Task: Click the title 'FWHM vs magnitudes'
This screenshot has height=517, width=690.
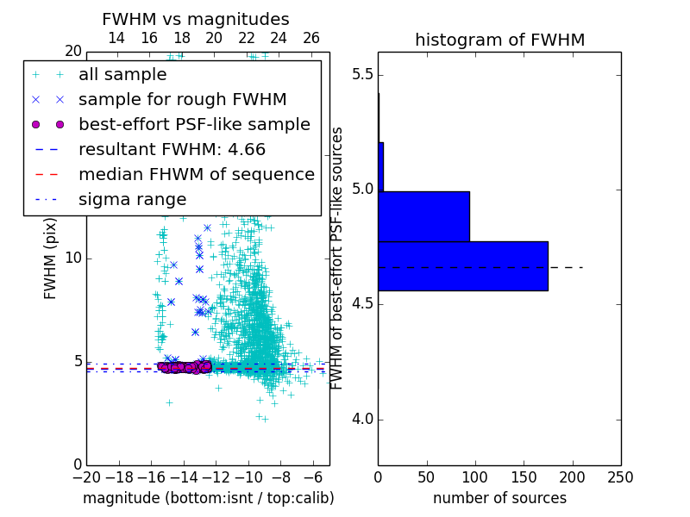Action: click(195, 19)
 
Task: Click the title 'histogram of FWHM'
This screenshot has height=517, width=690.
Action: click(499, 40)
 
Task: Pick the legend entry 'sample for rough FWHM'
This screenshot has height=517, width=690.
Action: click(182, 99)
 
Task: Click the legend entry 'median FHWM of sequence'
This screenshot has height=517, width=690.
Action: click(196, 174)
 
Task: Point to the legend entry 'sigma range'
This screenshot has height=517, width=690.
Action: click(132, 199)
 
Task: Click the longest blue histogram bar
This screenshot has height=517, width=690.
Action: click(462, 266)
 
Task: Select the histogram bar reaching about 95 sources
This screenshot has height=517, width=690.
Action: click(423, 216)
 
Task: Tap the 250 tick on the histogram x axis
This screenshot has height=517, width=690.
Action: click(620, 477)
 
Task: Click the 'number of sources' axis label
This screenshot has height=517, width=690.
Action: click(499, 498)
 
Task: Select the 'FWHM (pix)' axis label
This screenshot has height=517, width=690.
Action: click(51, 258)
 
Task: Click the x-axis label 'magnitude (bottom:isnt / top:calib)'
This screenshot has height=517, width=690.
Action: click(208, 498)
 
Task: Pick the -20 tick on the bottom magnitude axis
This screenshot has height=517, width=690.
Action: click(86, 477)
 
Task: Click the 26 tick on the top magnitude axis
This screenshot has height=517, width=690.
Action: click(311, 38)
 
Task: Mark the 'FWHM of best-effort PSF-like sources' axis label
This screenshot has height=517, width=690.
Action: click(338, 258)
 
